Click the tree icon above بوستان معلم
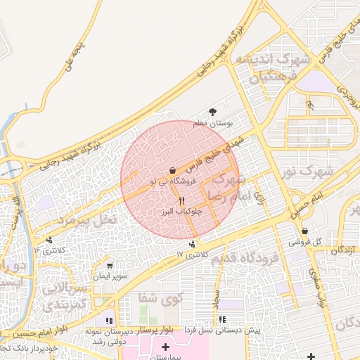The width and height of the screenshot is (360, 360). [x=213, y=112]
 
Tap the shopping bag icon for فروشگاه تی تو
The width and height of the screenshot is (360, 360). [x=173, y=171]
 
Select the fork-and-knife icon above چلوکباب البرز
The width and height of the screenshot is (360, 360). [x=182, y=200]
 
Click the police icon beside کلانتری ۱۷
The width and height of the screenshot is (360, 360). [x=192, y=243]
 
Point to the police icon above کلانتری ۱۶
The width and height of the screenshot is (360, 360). [x=49, y=239]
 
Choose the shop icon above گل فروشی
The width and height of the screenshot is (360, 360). [x=304, y=231]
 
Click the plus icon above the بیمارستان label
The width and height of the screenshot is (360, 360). [x=165, y=347]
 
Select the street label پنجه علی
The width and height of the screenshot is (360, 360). [x=73, y=58]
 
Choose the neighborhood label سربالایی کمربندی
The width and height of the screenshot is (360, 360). [x=66, y=297]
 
